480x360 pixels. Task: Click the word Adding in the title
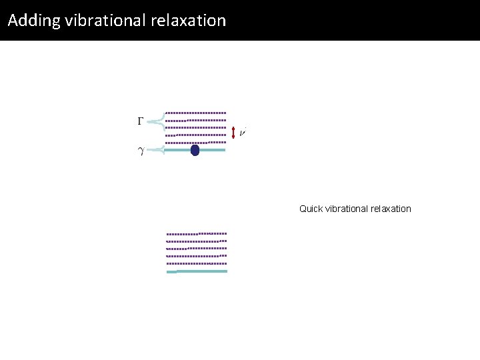coord(34,21)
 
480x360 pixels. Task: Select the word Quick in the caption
coord(311,209)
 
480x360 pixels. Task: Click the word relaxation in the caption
coord(391,209)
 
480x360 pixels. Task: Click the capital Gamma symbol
coord(140,121)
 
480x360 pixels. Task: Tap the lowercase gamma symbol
coord(140,151)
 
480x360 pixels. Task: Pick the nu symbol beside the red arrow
coord(243,133)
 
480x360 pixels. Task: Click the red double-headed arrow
coord(233,133)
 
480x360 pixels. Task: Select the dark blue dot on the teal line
coord(195,150)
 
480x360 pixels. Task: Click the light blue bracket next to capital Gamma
coord(157,121)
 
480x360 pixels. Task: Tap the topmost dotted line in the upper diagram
coord(196,112)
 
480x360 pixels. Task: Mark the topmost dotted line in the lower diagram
coord(197,234)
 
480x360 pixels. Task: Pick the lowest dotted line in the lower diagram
coord(197,263)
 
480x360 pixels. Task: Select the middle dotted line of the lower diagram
coord(197,249)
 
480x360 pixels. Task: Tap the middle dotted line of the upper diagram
coord(196,127)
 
